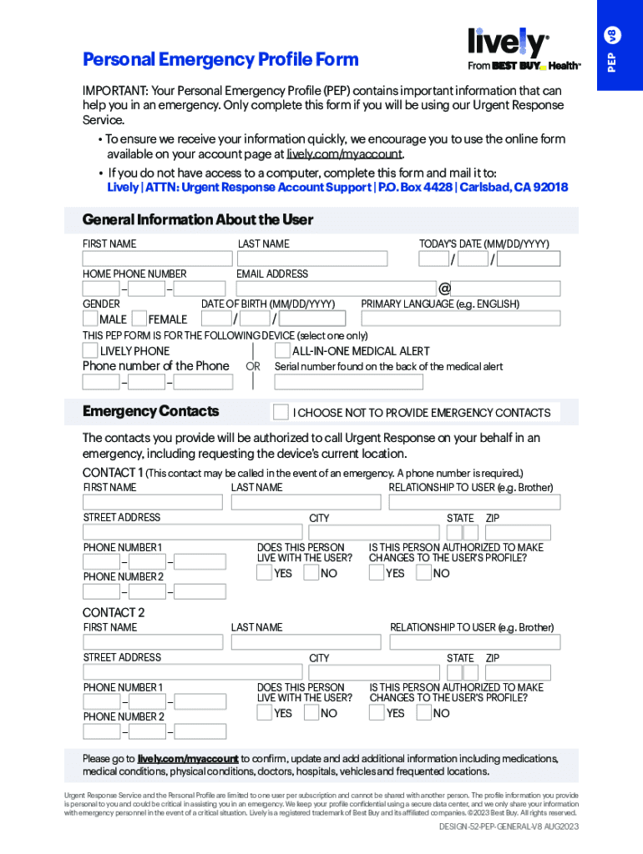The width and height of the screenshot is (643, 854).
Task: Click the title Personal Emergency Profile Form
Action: click(x=220, y=59)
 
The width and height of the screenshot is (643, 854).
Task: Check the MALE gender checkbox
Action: click(x=90, y=319)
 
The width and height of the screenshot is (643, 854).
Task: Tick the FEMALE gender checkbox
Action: click(x=139, y=319)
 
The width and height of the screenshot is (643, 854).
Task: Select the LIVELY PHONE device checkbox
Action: click(x=90, y=351)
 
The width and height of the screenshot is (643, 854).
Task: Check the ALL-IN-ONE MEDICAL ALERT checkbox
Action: click(x=282, y=351)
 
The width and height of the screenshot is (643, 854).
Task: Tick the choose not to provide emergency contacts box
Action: click(x=281, y=412)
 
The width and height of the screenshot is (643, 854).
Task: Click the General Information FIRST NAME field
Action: click(x=157, y=259)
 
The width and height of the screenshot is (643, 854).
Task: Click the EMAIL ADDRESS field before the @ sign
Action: click(x=335, y=289)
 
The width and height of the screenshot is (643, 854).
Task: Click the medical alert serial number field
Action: click(x=348, y=382)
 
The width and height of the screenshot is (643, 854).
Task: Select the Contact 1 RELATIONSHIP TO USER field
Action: click(x=474, y=502)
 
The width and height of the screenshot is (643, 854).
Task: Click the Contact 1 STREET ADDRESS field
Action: click(x=192, y=532)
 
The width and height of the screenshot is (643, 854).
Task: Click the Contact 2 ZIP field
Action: click(x=518, y=672)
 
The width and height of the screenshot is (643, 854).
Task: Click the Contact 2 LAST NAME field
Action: click(x=306, y=642)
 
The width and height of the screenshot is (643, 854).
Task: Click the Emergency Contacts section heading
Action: click(x=150, y=411)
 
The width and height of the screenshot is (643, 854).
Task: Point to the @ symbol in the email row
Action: click(x=444, y=289)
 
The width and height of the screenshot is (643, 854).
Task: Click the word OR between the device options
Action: click(x=253, y=366)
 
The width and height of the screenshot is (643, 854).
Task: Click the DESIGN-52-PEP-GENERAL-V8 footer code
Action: click(x=509, y=826)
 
